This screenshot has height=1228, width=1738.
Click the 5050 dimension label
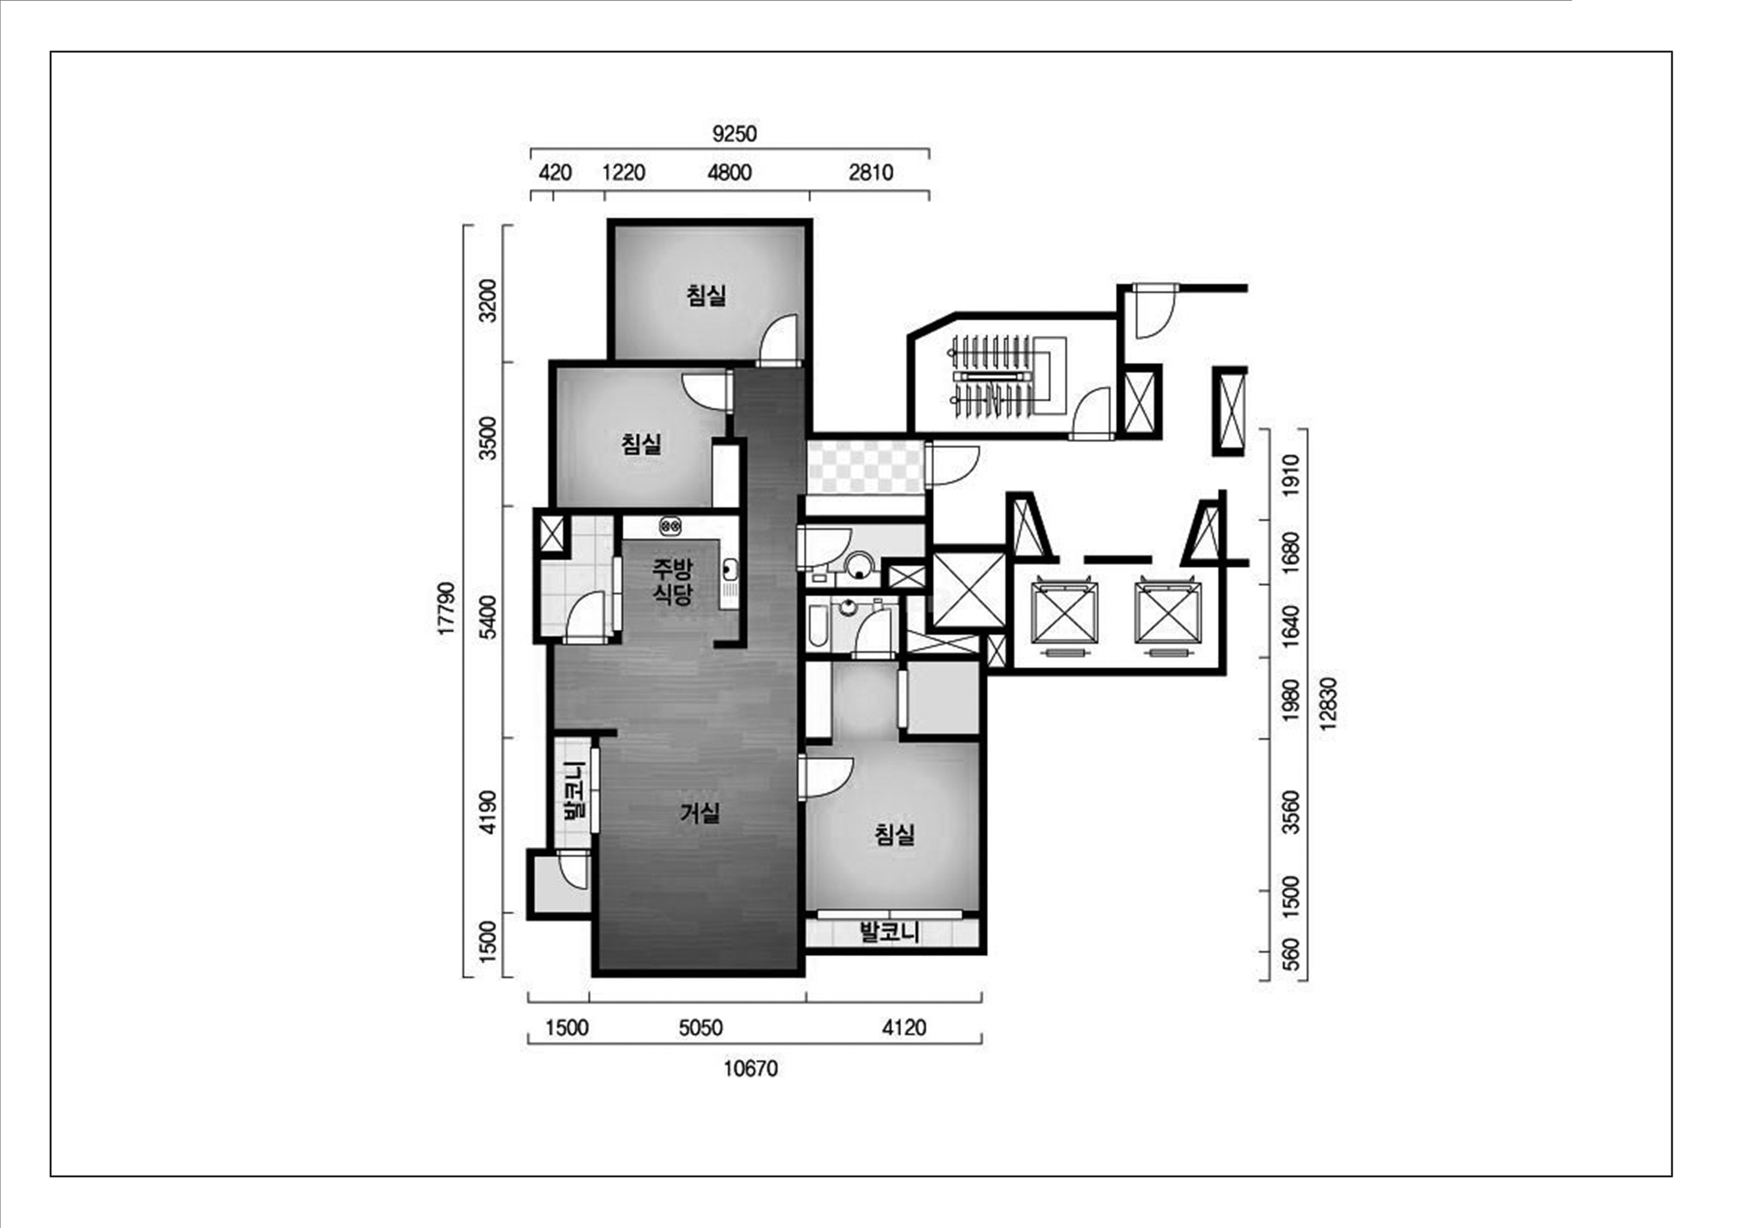700,1027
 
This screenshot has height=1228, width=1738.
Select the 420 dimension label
555,173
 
